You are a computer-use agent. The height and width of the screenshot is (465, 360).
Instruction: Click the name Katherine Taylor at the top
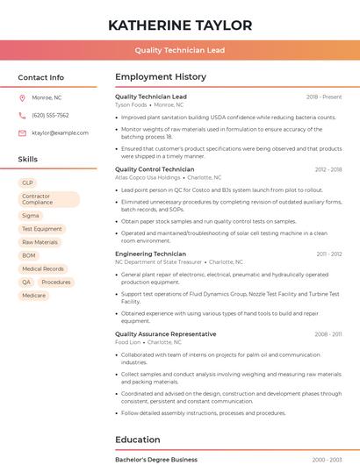[x=180, y=25]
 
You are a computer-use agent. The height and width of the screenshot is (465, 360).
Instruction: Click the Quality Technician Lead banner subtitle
[x=180, y=50]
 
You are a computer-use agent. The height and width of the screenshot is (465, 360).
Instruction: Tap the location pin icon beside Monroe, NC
[x=22, y=97]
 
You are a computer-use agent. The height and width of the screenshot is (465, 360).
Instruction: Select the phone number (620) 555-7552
[x=50, y=115]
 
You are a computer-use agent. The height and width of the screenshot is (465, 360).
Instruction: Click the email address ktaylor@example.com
[x=60, y=132]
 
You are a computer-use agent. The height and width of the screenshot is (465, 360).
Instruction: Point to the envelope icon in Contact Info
[x=22, y=132]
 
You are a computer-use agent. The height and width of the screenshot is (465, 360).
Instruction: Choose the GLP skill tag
[x=28, y=182]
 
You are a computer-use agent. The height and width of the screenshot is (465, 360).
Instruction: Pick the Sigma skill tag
[x=31, y=215]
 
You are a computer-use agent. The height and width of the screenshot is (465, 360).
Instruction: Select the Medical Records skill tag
[x=43, y=268]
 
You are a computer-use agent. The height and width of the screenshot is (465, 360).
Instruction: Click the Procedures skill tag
[x=56, y=282]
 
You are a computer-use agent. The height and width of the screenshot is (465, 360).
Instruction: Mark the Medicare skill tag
[x=33, y=296]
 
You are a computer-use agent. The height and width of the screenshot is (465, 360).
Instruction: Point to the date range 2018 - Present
[x=324, y=97]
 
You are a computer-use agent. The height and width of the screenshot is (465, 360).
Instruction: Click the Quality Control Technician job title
[x=155, y=168]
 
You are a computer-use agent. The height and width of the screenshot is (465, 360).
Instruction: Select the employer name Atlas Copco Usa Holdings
[x=148, y=176]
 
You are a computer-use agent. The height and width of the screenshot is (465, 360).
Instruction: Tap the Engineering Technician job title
[x=150, y=254]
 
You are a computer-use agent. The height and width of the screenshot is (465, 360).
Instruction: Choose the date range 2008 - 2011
[x=328, y=334]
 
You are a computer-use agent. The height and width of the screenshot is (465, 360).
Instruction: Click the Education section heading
[x=138, y=440]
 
